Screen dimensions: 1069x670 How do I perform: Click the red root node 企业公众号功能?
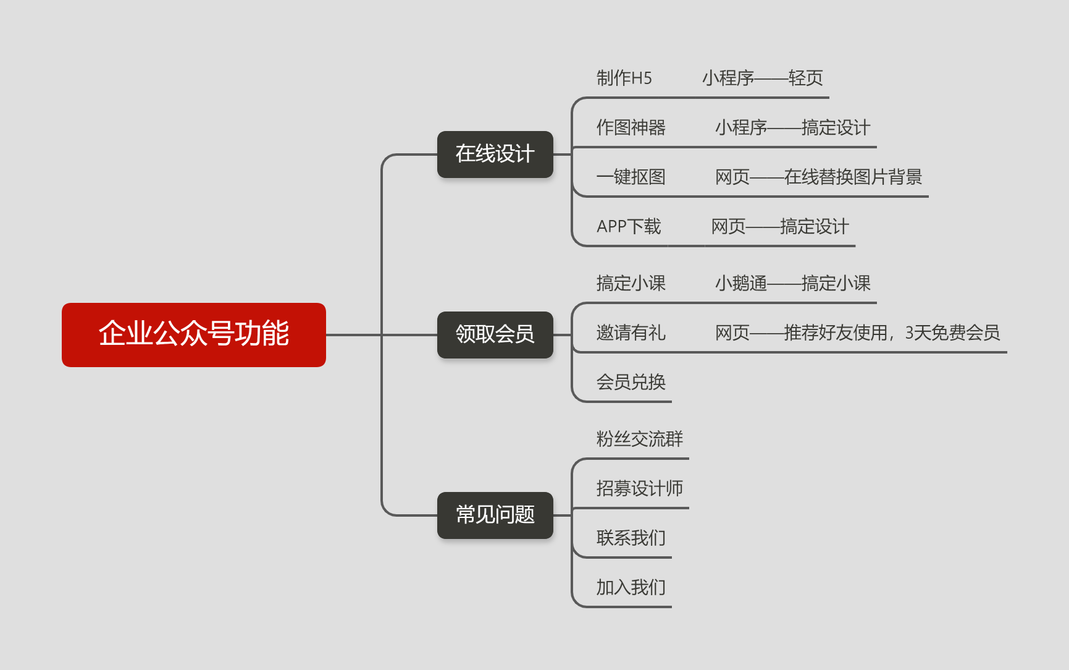(x=193, y=334)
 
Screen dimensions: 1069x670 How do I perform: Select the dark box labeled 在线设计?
(x=495, y=154)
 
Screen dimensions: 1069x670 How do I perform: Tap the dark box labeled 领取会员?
(x=495, y=334)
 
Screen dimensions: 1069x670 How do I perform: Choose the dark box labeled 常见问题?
(x=495, y=515)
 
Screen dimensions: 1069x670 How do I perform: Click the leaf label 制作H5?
(x=624, y=78)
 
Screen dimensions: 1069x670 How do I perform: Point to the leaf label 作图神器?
(x=631, y=128)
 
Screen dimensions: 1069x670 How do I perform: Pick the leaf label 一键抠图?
(x=631, y=177)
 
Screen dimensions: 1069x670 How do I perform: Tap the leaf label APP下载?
(x=629, y=227)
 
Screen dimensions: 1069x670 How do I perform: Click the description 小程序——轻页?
(x=762, y=78)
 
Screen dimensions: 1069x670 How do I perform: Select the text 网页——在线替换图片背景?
(x=818, y=177)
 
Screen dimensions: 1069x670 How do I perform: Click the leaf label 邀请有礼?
(x=631, y=333)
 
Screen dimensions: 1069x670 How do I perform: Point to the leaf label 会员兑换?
(x=631, y=383)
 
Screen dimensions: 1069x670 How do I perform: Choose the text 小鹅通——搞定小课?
(x=792, y=284)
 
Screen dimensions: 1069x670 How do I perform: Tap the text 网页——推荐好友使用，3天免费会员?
(x=857, y=333)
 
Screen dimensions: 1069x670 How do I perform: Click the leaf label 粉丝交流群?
(x=639, y=439)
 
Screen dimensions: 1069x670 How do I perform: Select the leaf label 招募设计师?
(x=639, y=489)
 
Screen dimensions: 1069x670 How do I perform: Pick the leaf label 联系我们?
(x=631, y=538)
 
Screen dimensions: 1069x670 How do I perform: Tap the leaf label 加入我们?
(x=631, y=588)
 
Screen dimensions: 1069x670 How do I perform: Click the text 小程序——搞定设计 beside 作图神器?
(x=792, y=128)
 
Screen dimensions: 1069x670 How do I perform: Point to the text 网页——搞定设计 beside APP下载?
(x=780, y=227)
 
